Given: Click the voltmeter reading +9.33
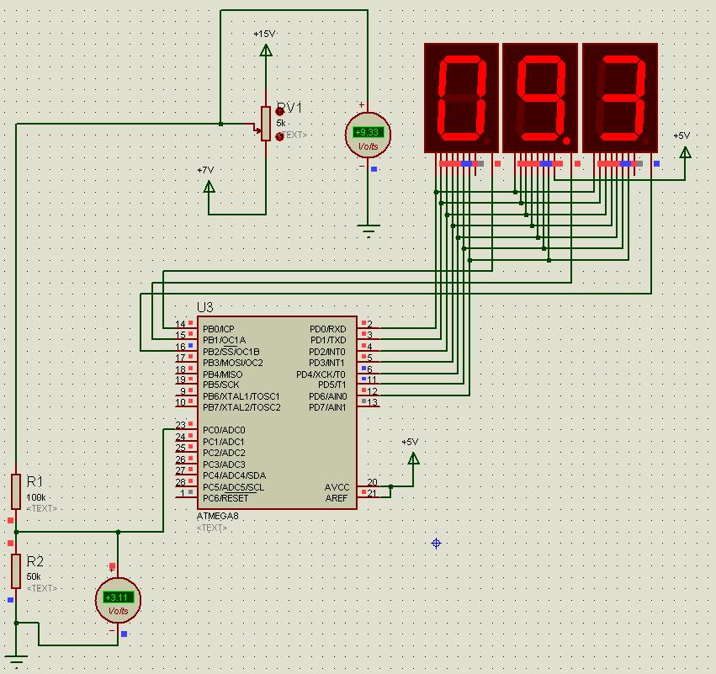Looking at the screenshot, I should tap(368, 134).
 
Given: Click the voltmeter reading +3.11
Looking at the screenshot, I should tap(118, 599).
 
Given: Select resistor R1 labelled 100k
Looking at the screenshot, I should tap(16, 491).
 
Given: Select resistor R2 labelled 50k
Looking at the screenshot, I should tap(16, 571).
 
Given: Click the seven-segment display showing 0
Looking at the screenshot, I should tap(460, 98).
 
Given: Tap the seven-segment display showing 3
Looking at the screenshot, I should tap(619, 98).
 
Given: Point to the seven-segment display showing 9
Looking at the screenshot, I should tap(539, 98).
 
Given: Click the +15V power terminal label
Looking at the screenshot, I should tap(264, 34).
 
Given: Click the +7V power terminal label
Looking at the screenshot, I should tap(205, 170).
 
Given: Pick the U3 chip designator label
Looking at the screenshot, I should tap(204, 307).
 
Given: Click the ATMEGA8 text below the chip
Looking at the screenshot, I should tap(217, 516).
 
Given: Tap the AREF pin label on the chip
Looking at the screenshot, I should tap(337, 498).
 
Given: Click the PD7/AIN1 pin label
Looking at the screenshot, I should tap(327, 407).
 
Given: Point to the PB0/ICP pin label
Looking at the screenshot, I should tap(219, 329).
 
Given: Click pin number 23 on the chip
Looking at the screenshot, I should tap(180, 426).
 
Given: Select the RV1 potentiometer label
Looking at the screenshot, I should tap(289, 108).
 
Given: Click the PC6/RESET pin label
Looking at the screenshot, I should tap(225, 498).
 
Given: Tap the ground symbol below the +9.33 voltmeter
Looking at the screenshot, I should tap(368, 229).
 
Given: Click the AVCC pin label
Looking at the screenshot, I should tap(337, 487).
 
